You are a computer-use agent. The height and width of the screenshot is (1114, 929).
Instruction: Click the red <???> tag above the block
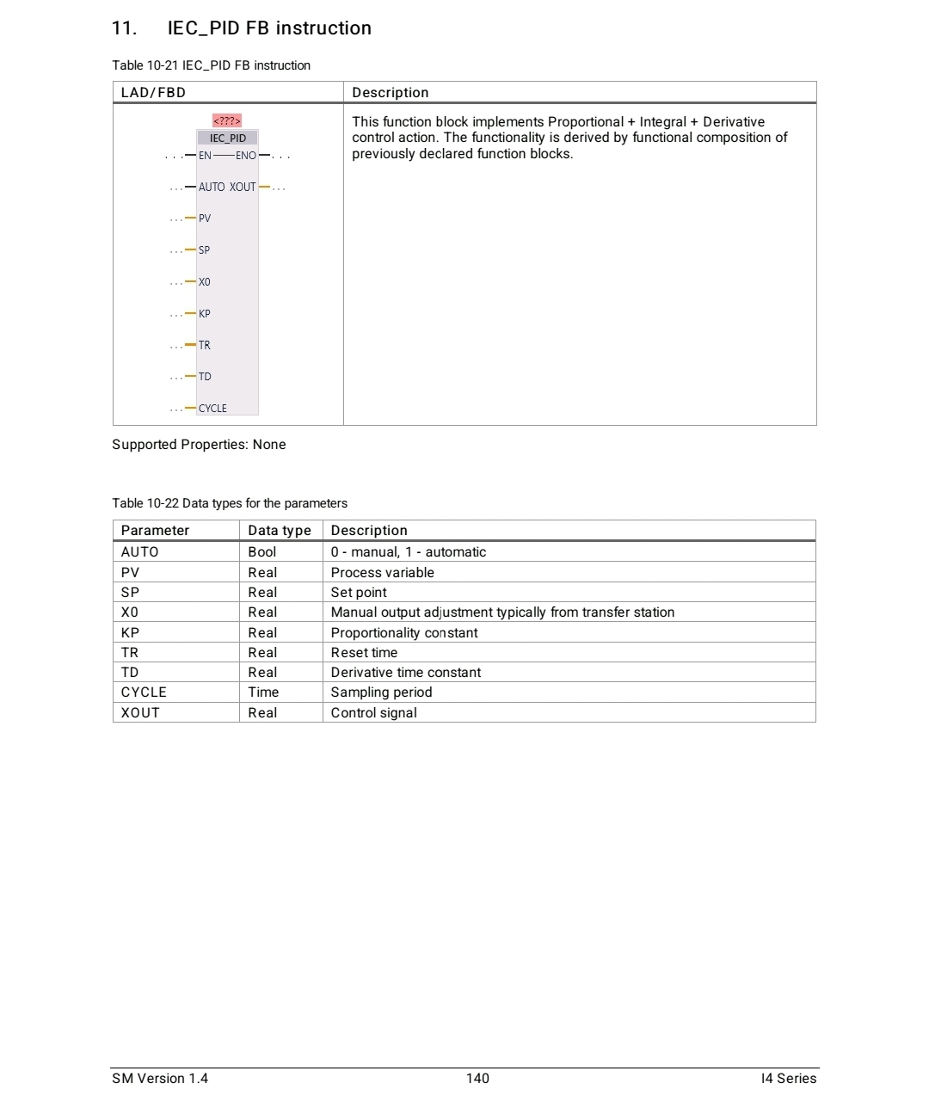pyautogui.click(x=227, y=120)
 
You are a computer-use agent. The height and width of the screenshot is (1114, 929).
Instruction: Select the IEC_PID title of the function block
pyautogui.click(x=228, y=138)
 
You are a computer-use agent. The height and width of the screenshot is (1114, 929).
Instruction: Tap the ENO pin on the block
pyautogui.click(x=246, y=156)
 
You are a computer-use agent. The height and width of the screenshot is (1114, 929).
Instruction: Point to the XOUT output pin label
pyautogui.click(x=243, y=187)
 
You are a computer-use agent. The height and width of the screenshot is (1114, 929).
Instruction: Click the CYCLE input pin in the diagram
pyautogui.click(x=212, y=409)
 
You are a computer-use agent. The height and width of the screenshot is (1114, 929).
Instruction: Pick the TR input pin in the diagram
pyautogui.click(x=205, y=345)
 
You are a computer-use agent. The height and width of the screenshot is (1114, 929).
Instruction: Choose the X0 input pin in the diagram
pyautogui.click(x=205, y=282)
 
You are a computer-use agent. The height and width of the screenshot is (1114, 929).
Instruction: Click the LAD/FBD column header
pyautogui.click(x=153, y=93)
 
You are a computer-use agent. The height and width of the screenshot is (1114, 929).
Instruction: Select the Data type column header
pyautogui.click(x=280, y=531)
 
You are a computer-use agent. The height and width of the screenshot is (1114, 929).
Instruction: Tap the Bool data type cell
pyautogui.click(x=262, y=552)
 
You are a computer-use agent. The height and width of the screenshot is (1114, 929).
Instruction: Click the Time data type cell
pyautogui.click(x=263, y=692)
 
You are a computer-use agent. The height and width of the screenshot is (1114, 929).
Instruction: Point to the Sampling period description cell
pyautogui.click(x=381, y=692)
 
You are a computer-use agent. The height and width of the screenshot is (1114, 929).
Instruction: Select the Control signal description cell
pyautogui.click(x=373, y=713)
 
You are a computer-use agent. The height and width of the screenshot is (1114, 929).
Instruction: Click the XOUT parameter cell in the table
pyautogui.click(x=140, y=713)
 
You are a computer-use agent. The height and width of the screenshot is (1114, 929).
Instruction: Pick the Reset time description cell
pyautogui.click(x=364, y=653)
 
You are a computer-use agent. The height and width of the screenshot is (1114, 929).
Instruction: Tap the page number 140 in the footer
pyautogui.click(x=477, y=1079)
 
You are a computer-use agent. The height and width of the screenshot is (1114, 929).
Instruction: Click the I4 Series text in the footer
pyautogui.click(x=788, y=1079)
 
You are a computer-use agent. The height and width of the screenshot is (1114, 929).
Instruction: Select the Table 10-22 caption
pyautogui.click(x=230, y=503)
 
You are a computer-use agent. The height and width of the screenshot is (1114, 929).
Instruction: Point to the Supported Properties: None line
pyautogui.click(x=199, y=445)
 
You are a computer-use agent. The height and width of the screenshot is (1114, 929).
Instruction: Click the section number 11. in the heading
pyautogui.click(x=124, y=28)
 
